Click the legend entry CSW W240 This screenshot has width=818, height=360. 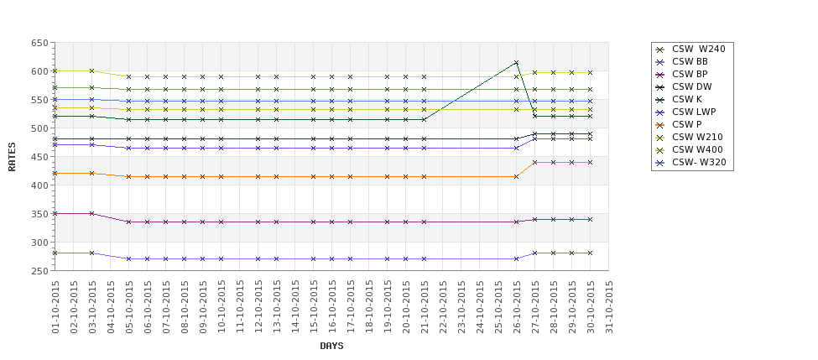698,49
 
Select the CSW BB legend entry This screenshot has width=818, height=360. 690,61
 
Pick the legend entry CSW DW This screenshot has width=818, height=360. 691,86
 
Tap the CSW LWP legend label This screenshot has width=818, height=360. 693,112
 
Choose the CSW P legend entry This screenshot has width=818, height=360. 686,124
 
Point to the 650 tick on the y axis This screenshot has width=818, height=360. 39,43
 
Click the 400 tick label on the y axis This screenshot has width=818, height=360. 39,185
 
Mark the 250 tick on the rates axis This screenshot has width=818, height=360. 39,271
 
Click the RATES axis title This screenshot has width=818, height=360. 13,156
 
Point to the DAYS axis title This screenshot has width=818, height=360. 331,346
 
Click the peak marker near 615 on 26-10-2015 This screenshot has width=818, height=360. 516,63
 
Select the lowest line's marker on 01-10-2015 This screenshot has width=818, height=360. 55,253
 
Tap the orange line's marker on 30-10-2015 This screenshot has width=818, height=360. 590,162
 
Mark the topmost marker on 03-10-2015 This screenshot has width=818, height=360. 91,70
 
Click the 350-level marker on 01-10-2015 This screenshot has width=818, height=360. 55,213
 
